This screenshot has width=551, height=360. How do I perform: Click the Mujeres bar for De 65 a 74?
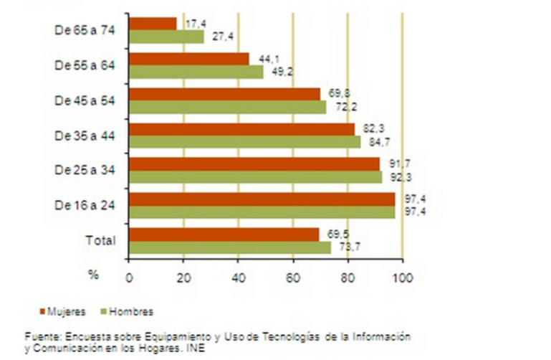pyautogui.click(x=153, y=24)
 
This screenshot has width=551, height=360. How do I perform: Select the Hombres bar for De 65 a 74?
pyautogui.click(x=166, y=37)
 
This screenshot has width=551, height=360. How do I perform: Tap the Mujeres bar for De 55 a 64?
pyautogui.click(x=189, y=59)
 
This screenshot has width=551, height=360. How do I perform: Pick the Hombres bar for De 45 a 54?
pyautogui.click(x=228, y=107)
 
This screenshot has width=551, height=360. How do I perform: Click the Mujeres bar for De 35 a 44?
pyautogui.click(x=242, y=129)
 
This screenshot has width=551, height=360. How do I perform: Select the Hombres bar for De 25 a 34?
pyautogui.click(x=256, y=176)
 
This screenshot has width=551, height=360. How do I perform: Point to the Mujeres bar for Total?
pyautogui.click(x=224, y=235)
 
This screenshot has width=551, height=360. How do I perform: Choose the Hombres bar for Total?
pyautogui.click(x=230, y=247)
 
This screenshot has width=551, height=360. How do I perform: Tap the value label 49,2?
pyautogui.click(x=282, y=71)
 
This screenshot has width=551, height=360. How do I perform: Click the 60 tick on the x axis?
pyautogui.click(x=293, y=274)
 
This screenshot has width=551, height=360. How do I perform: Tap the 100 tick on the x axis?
pyautogui.click(x=402, y=274)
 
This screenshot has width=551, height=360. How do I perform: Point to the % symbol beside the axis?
pyautogui.click(x=92, y=274)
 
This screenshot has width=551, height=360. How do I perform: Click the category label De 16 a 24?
pyautogui.click(x=85, y=205)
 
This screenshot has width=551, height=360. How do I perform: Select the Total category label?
pyautogui.click(x=101, y=240)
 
